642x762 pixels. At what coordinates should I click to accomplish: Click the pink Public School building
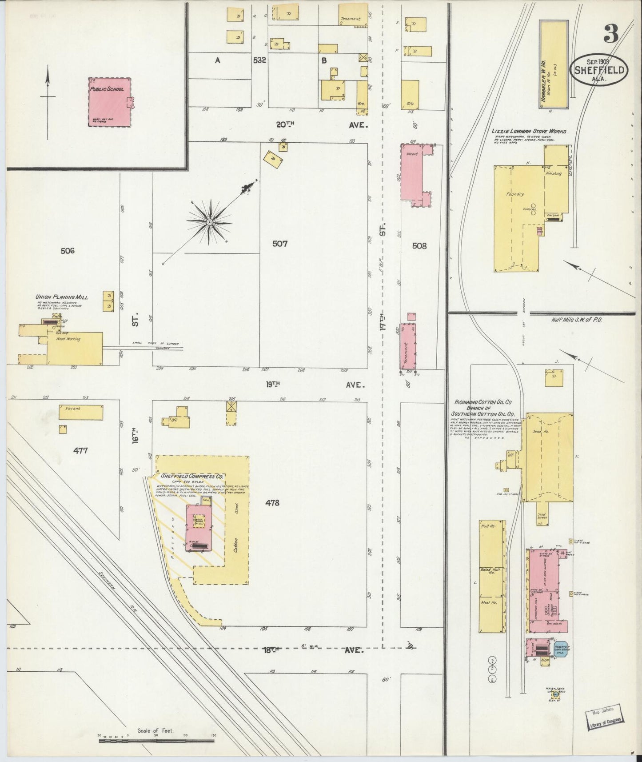click(x=110, y=102)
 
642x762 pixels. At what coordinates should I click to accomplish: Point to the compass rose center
click(x=209, y=221)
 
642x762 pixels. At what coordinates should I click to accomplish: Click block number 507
click(x=280, y=244)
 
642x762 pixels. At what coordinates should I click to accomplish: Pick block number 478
click(x=272, y=503)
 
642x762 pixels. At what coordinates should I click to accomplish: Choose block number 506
click(x=68, y=251)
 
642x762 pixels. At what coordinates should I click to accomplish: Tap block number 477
click(x=81, y=450)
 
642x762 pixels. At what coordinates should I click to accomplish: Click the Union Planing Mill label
click(x=62, y=297)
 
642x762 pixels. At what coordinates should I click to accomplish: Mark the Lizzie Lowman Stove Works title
click(x=528, y=132)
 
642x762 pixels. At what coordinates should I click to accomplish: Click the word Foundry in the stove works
click(x=515, y=194)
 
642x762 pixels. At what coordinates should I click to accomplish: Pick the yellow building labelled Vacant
click(x=81, y=413)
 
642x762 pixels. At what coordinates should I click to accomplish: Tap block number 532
click(x=259, y=60)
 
